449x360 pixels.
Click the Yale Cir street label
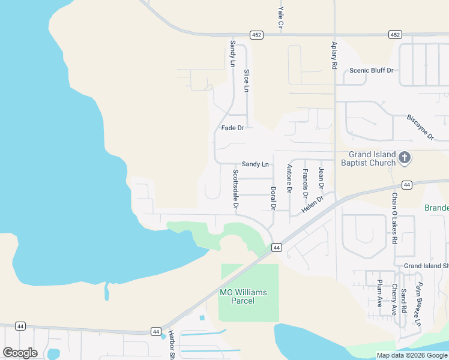(280, 18)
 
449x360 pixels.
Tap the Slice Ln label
(246, 81)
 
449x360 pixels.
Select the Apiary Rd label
(334, 53)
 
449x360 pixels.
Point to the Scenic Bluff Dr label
(371, 70)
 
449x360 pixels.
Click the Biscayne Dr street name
(420, 127)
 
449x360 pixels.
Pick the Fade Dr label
(232, 128)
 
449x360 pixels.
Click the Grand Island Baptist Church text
(368, 158)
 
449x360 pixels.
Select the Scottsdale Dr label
(236, 189)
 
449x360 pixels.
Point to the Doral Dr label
(273, 198)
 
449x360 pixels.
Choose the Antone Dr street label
(289, 178)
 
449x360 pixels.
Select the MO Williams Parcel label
(243, 296)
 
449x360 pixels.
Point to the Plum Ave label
(380, 293)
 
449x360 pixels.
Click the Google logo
(20, 353)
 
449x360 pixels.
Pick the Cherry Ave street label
(394, 299)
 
